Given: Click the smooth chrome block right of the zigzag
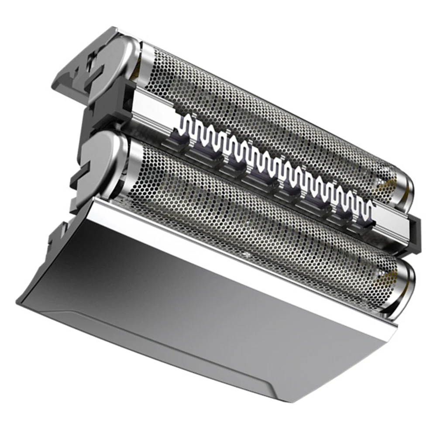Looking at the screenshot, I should tap(393, 223).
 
